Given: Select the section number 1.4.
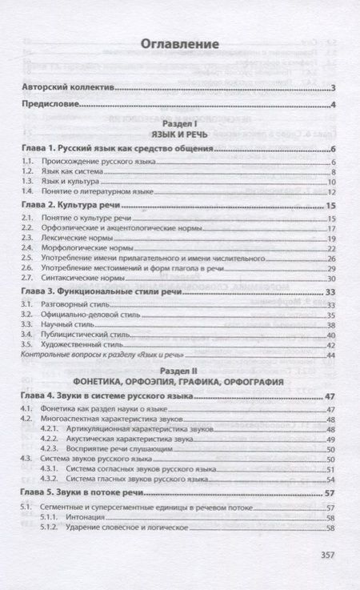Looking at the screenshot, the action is tap(27, 192).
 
